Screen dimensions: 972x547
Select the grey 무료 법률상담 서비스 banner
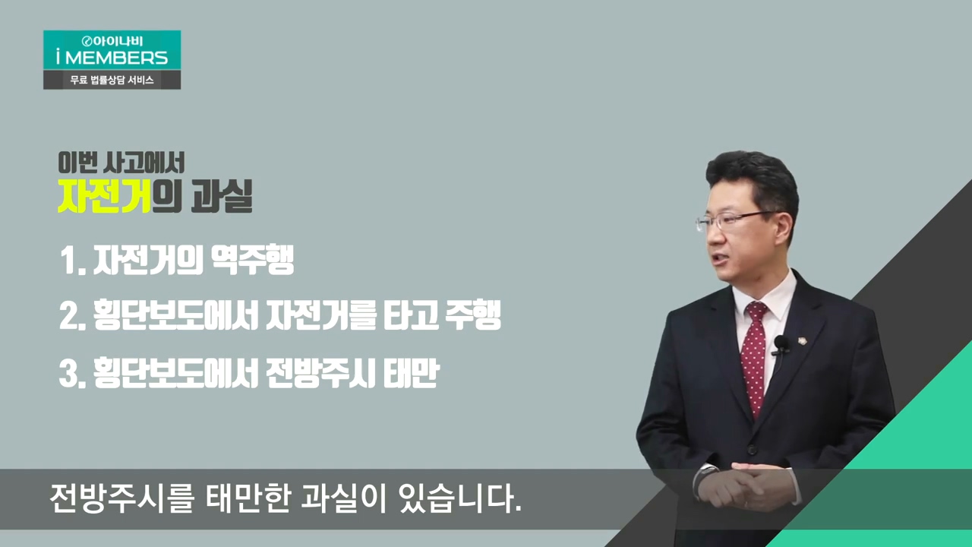tap(112, 80)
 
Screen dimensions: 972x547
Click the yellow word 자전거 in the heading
tap(104, 196)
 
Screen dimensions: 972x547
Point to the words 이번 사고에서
tap(121, 163)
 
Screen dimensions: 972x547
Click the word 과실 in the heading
tap(222, 196)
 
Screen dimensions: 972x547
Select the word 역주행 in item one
tap(252, 260)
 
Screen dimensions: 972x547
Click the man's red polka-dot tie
tap(756, 360)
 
